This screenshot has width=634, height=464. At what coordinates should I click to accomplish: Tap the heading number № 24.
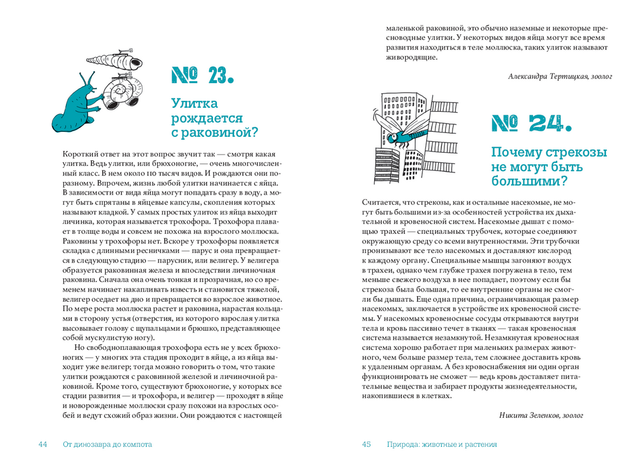click(531, 124)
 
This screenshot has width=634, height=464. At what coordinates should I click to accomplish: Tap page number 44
click(43, 444)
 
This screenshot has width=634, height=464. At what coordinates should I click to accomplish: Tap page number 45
click(366, 444)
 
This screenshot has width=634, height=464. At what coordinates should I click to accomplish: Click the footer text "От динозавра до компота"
click(108, 444)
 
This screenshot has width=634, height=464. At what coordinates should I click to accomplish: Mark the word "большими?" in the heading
click(529, 181)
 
